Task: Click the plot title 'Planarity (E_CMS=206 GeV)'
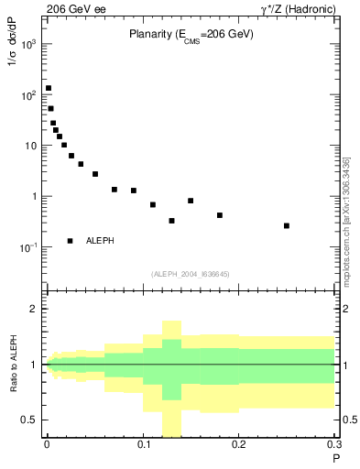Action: click(191, 34)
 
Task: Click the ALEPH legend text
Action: click(100, 240)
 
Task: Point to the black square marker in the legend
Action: click(71, 240)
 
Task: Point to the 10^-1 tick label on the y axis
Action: click(29, 247)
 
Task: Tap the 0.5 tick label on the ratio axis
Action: click(32, 420)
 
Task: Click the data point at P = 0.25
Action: click(287, 225)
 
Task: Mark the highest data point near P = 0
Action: click(49, 89)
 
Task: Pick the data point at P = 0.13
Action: click(172, 221)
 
